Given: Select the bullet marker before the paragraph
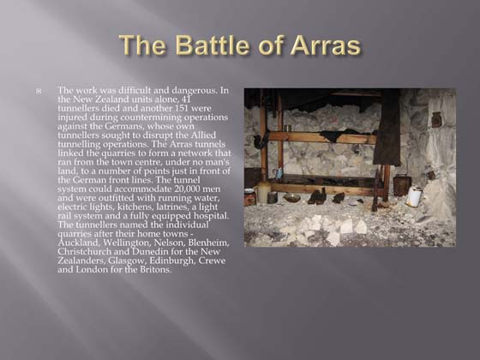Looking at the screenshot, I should pyautogui.click(x=39, y=90).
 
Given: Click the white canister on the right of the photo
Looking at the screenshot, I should pyautogui.click(x=414, y=196).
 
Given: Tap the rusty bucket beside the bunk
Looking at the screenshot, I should pyautogui.click(x=400, y=185).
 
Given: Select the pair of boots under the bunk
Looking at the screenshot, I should pyautogui.click(x=316, y=197).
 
